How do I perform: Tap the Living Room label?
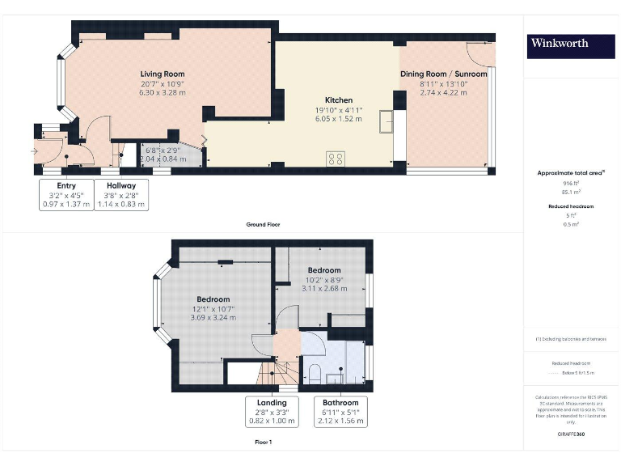coord(163,74)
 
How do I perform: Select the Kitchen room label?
coord(338,100)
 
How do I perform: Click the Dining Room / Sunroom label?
coord(444,74)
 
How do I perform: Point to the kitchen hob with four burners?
coord(336,158)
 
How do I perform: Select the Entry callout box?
coord(66,195)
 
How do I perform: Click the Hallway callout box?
coord(121,195)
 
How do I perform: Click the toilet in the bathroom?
coord(315,373)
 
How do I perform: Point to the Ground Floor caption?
coord(263,224)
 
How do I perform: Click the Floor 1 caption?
coord(264,443)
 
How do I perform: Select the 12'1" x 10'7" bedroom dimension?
coord(213,308)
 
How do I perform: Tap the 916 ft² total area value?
coord(571,184)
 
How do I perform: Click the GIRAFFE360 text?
coord(571,434)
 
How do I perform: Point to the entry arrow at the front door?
coord(34,150)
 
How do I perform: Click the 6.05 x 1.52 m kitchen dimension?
coord(338,118)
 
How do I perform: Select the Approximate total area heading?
coord(571,173)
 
